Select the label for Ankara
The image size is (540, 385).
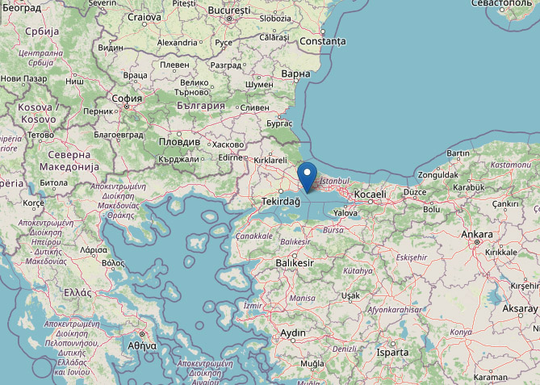click(476, 234)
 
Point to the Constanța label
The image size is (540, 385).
click(322, 40)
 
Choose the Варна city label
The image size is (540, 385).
click(296, 74)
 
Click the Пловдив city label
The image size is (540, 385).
click(178, 140)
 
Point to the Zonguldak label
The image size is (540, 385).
click(438, 174)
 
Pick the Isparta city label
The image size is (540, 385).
click(397, 353)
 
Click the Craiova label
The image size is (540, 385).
click(144, 17)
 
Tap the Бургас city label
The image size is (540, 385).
click(279, 123)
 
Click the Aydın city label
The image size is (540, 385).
click(293, 333)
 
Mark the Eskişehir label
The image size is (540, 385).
click(411, 257)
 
